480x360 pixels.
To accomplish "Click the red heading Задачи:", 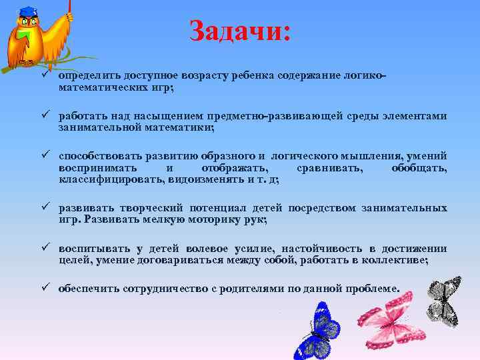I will point(240,31).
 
